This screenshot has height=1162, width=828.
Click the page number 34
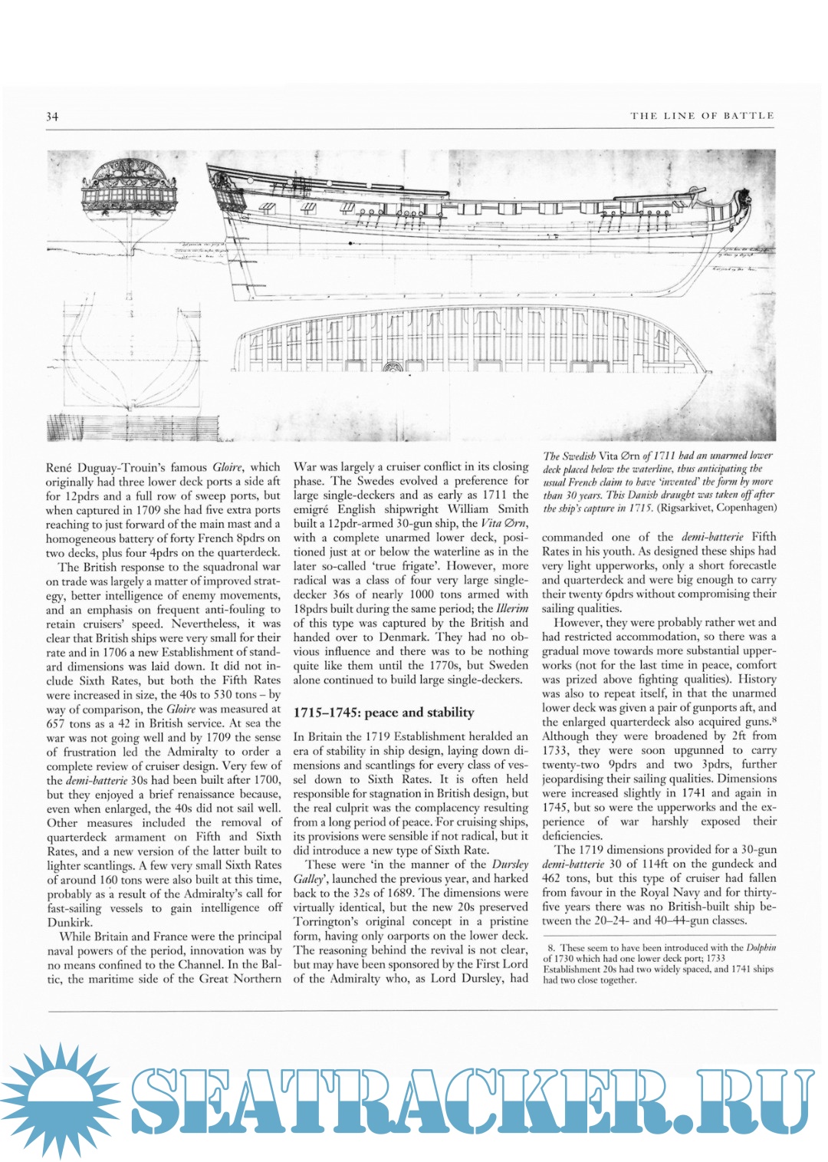[x=52, y=117]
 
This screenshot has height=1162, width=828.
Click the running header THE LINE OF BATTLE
[x=702, y=116]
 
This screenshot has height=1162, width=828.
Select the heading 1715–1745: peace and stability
[x=383, y=713]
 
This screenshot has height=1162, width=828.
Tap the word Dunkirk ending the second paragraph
[x=69, y=923]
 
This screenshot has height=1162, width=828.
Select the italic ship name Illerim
[x=513, y=608]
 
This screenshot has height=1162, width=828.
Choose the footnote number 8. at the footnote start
[x=551, y=947]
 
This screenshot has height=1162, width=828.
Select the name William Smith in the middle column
[x=491, y=509]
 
